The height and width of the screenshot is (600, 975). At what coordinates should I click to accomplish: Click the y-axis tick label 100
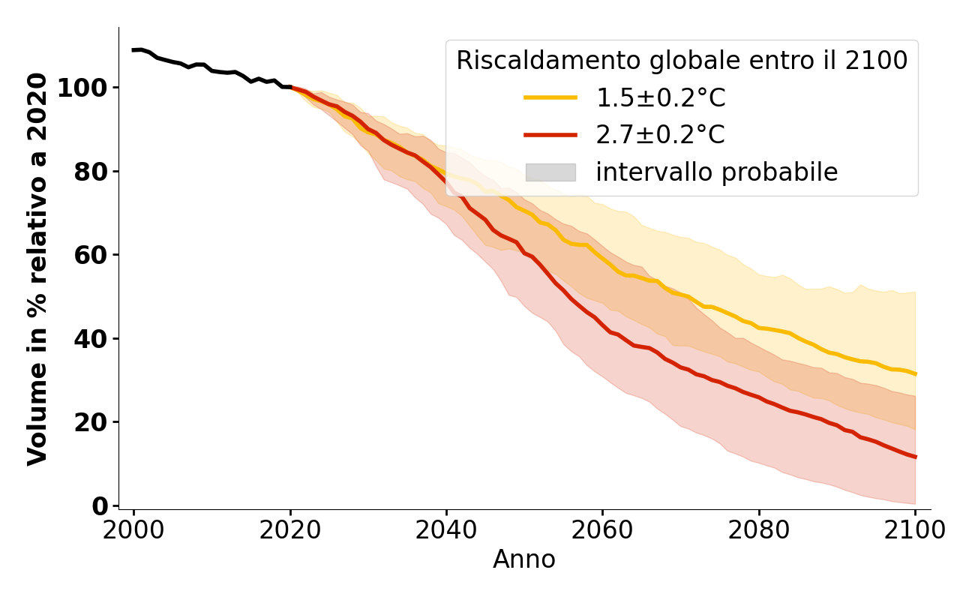pos(83,88)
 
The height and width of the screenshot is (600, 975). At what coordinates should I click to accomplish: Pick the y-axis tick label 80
pos(91,172)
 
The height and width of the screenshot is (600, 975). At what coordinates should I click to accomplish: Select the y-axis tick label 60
pos(91,255)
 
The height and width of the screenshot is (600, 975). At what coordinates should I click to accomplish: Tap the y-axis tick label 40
pos(91,339)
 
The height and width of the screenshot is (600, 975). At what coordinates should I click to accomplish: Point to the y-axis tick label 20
pos(91,422)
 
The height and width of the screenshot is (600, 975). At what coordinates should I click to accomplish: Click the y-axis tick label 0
pos(100,506)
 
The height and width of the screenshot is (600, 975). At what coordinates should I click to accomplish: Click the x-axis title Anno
pos(524,559)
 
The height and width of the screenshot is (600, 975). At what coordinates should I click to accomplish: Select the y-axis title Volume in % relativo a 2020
pos(37,268)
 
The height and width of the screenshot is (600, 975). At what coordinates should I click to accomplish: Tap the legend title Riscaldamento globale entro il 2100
pos(682,61)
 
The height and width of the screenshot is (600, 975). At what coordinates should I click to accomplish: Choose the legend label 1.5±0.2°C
pos(660,98)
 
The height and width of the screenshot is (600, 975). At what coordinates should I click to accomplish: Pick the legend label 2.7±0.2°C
pos(660,135)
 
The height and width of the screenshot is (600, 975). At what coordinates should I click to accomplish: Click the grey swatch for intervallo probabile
pos(550,172)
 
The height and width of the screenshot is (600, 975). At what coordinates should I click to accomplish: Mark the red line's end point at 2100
pos(915,457)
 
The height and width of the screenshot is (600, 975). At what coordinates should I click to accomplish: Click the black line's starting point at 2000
pos(133,50)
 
